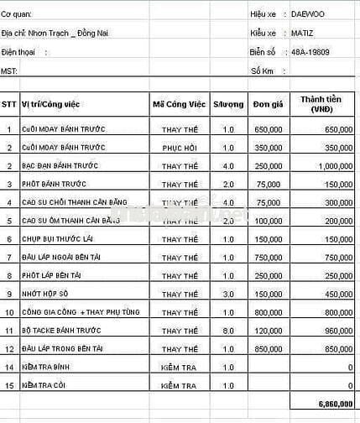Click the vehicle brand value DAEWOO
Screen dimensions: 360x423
310,14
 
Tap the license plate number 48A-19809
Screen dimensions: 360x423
310,51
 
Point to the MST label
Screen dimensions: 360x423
8,70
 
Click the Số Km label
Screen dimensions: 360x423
263,70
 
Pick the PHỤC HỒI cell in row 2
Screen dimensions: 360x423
179,148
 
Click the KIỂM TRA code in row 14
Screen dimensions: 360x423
179,367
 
